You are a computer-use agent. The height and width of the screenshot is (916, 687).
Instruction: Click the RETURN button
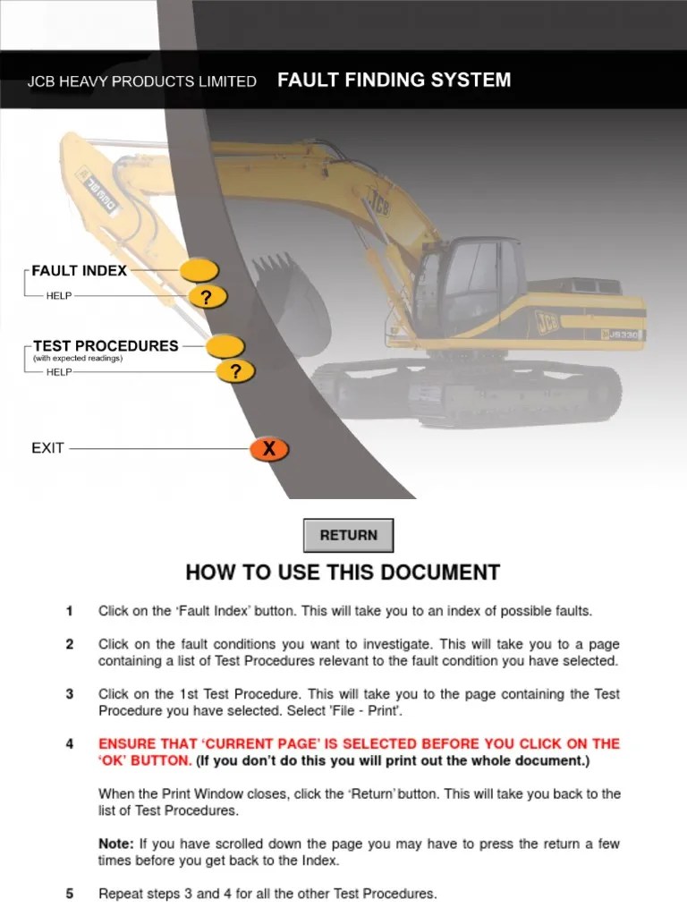(348, 535)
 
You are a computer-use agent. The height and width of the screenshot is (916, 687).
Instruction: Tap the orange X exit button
(268, 450)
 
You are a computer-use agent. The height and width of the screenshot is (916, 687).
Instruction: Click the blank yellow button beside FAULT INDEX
(199, 270)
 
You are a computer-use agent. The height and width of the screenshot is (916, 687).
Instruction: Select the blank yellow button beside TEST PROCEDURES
(225, 345)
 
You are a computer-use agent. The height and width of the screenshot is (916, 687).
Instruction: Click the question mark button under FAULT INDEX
(208, 297)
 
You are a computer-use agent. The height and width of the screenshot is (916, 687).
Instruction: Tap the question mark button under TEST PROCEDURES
(235, 372)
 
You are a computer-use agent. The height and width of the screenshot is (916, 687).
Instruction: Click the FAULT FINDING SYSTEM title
(394, 80)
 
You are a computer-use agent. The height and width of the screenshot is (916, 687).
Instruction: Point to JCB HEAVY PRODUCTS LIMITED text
(141, 81)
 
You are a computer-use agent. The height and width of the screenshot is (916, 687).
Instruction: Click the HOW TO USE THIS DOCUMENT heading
(343, 572)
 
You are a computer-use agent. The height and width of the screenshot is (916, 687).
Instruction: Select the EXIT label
(48, 448)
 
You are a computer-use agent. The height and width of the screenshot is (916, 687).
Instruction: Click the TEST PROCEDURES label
(106, 345)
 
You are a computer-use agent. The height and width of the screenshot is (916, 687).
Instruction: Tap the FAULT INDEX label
(80, 270)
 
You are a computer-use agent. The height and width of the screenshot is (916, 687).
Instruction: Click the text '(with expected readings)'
(77, 359)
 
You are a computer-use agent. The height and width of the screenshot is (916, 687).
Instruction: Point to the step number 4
(69, 744)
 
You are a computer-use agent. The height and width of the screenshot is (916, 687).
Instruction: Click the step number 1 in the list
(69, 612)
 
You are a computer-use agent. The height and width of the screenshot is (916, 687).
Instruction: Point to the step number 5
(69, 894)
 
